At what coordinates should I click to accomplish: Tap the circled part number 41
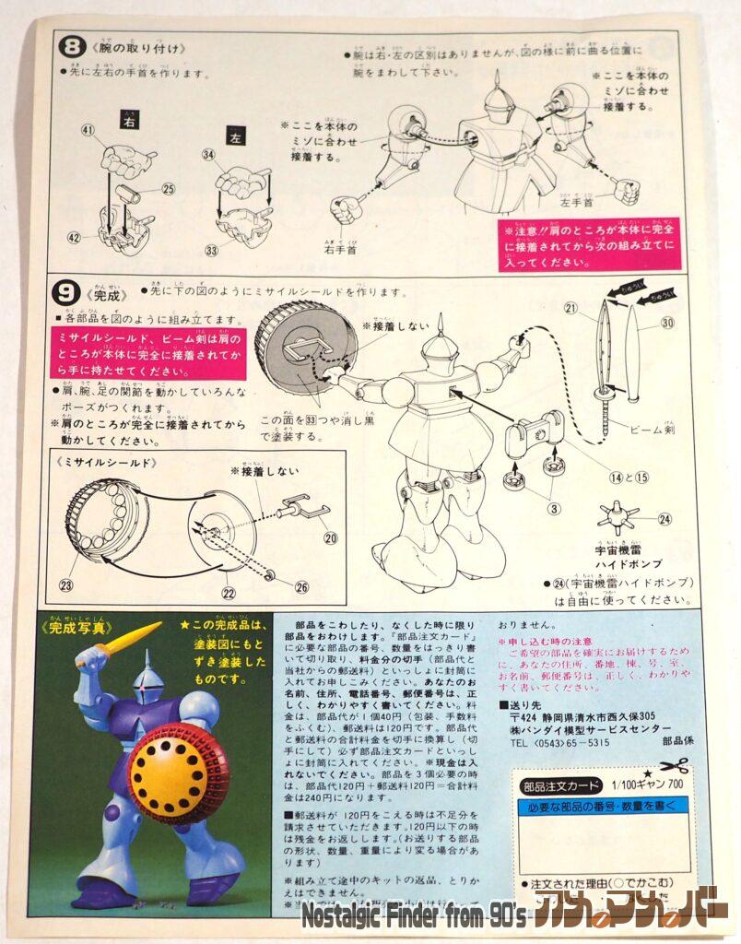[x=88, y=132]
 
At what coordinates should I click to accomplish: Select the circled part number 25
[x=168, y=189]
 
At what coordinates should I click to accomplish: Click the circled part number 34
[x=208, y=155]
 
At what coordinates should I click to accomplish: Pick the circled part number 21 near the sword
[x=570, y=307]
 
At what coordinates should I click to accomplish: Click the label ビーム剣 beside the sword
[x=656, y=430]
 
